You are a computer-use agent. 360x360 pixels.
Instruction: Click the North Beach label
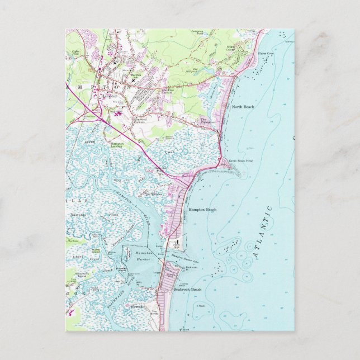tap(243, 106)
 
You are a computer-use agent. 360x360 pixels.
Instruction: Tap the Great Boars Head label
tap(241, 161)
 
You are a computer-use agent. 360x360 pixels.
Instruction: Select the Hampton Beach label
tap(203, 210)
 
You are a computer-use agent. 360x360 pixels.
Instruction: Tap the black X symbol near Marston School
tap(133, 80)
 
